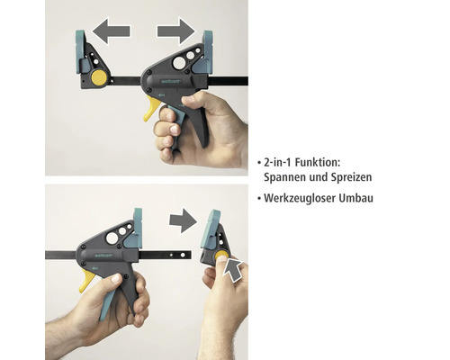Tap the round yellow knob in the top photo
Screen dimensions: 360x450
[x=96, y=77]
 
